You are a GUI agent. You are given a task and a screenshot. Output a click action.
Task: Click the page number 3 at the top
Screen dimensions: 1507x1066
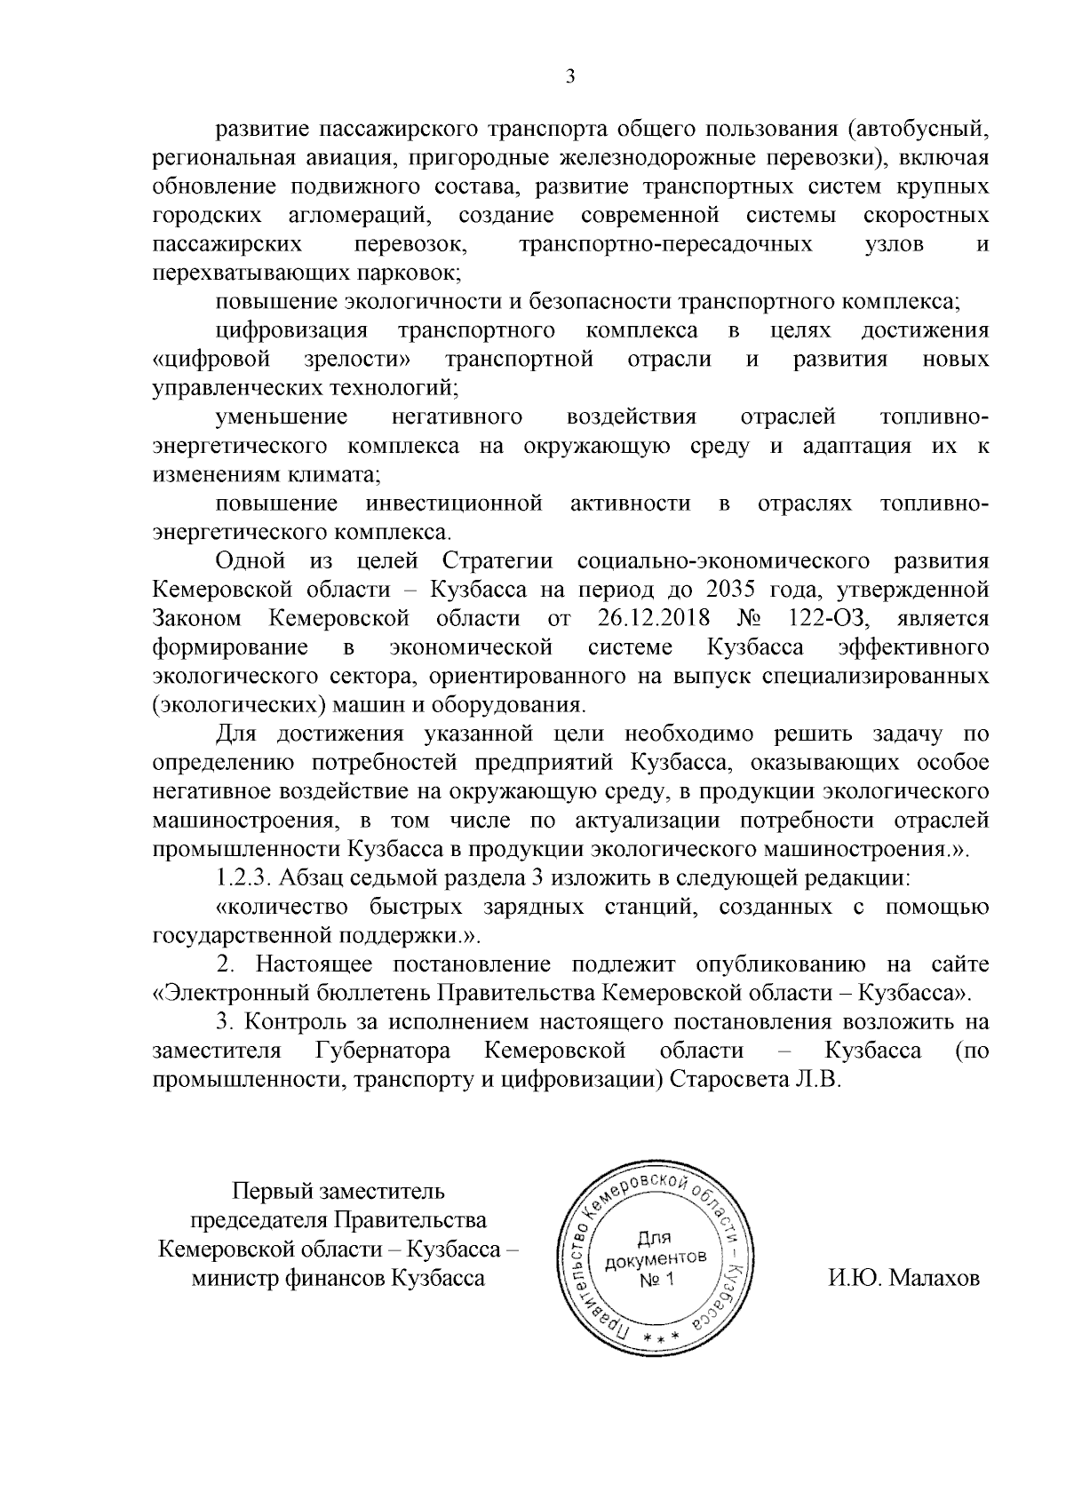click(x=570, y=76)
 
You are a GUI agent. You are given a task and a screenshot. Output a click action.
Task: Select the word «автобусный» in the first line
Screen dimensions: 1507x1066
click(x=918, y=130)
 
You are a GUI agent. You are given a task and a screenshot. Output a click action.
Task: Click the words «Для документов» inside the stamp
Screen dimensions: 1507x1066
click(x=656, y=1249)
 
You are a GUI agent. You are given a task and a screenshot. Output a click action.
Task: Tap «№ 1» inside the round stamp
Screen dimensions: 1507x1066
click(x=658, y=1280)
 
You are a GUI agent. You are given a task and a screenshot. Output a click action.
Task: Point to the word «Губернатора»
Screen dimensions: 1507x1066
click(x=383, y=1052)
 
